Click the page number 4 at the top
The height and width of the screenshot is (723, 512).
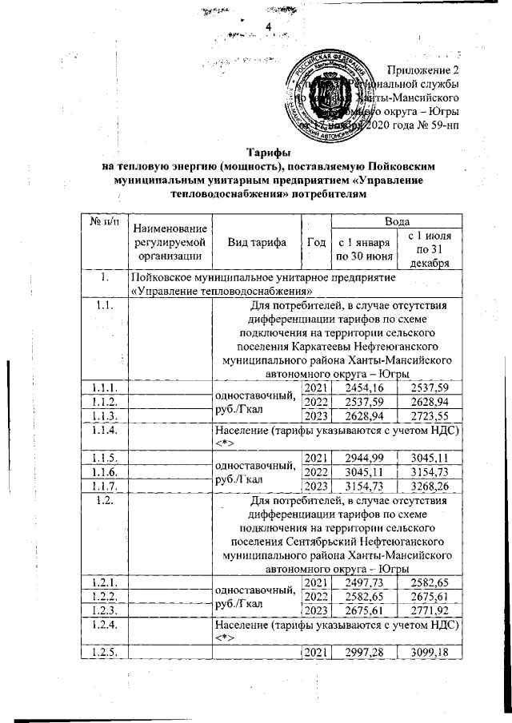[269, 29]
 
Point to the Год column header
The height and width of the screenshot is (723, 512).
[315, 244]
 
